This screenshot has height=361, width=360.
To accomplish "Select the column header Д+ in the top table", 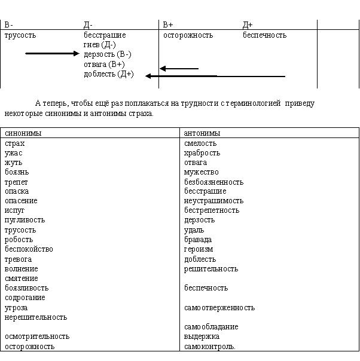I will pyautogui.click(x=248, y=25).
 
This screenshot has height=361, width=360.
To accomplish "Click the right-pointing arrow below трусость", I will pyautogui.click(x=52, y=54).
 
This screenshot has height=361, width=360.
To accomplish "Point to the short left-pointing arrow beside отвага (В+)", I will pyautogui.click(x=179, y=69).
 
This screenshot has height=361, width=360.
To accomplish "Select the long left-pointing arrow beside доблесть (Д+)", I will pyautogui.click(x=215, y=76).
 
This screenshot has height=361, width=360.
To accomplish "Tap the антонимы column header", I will pyautogui.click(x=202, y=133).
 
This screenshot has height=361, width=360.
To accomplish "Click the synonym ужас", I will pyautogui.click(x=14, y=153).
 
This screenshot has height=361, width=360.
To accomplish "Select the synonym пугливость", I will pyautogui.click(x=25, y=220).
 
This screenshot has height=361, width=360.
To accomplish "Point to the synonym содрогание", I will pyautogui.click(x=25, y=298).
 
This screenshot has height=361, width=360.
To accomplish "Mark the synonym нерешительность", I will pyautogui.click(x=36, y=317).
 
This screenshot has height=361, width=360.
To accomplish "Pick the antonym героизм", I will pyautogui.click(x=199, y=249).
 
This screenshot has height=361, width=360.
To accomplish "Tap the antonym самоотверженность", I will pyautogui.click(x=219, y=307).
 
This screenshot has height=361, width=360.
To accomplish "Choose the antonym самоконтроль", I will pyautogui.click(x=210, y=346).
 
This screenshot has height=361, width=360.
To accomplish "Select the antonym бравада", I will pyautogui.click(x=198, y=240).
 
